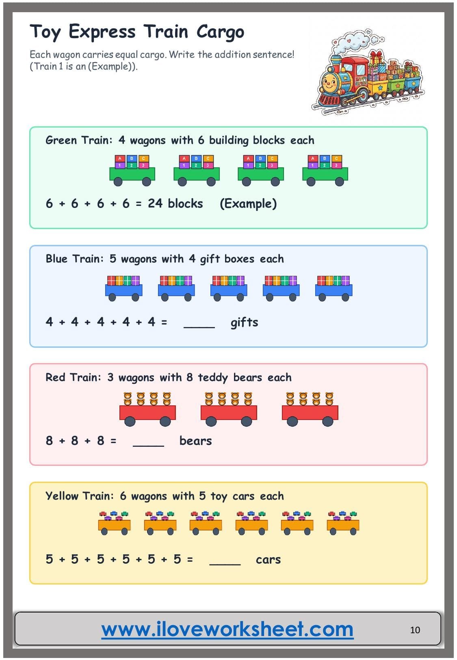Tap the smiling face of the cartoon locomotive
330,81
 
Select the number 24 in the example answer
155,203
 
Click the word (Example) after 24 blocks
248,203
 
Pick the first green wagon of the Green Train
132,171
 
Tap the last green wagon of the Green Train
325,171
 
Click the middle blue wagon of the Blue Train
229,288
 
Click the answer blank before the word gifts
199,327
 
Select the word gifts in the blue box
244,322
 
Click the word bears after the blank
196,441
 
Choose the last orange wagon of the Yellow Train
343,524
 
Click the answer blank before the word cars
225,565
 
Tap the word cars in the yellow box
268,560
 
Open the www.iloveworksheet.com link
227,630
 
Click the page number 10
415,630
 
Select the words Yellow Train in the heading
80,496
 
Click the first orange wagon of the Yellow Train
114,524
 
